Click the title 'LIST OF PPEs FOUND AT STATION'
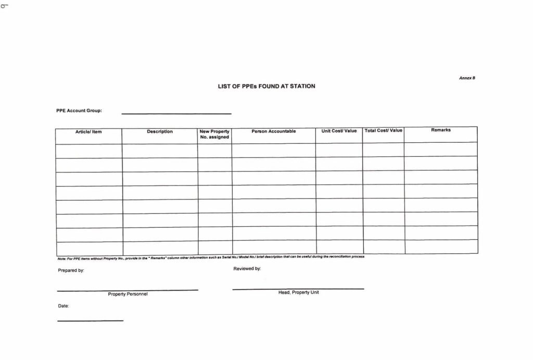click(x=266, y=86)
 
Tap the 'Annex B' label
click(x=467, y=78)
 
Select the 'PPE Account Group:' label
click(x=79, y=110)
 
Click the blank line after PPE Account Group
click(x=176, y=113)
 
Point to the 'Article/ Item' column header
click(x=88, y=132)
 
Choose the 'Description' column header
click(x=160, y=132)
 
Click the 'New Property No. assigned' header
click(x=214, y=134)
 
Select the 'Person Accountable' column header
click(x=273, y=131)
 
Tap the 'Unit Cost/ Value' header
click(x=339, y=131)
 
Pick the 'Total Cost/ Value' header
click(x=383, y=130)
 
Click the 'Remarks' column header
click(x=440, y=130)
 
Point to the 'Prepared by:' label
click(x=71, y=270)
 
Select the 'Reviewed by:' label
click(x=247, y=269)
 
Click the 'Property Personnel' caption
click(x=128, y=294)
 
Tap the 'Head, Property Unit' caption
click(x=298, y=293)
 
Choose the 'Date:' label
click(x=64, y=306)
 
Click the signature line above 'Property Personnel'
click(x=128, y=290)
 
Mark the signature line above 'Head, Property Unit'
click(x=298, y=288)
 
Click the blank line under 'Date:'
click(x=90, y=320)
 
